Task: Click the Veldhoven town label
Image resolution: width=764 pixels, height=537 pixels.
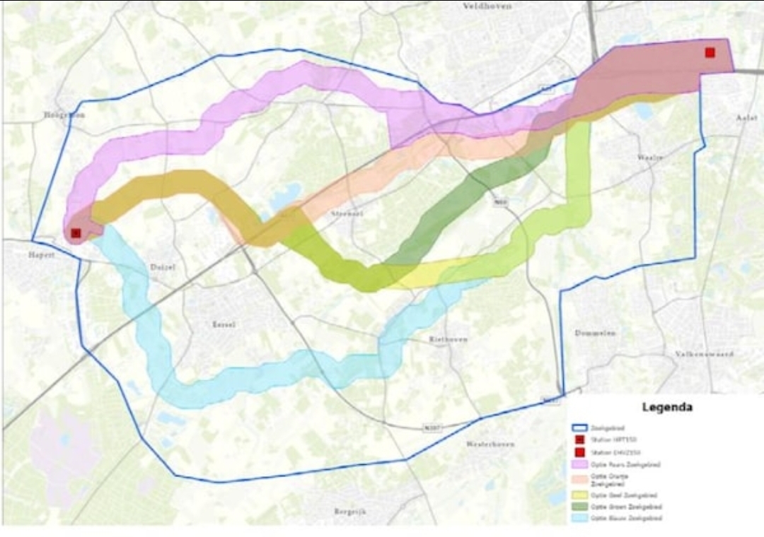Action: pyautogui.click(x=486, y=6)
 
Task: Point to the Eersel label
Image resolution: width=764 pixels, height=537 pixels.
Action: pyautogui.click(x=223, y=324)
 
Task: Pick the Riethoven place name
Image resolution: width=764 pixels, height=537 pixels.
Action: pyautogui.click(x=448, y=339)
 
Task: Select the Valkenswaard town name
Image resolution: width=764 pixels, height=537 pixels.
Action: pyautogui.click(x=704, y=353)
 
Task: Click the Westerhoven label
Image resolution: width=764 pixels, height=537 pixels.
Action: pyautogui.click(x=490, y=444)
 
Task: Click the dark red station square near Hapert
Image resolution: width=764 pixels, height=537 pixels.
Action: pyautogui.click(x=76, y=232)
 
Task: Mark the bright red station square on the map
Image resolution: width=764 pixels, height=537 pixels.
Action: pyautogui.click(x=710, y=52)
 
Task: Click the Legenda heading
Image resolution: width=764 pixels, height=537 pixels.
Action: pyautogui.click(x=666, y=407)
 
